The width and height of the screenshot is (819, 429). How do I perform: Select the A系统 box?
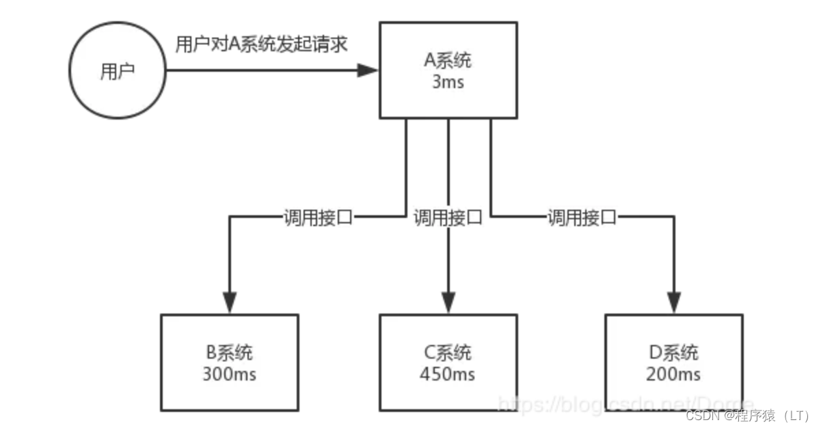pyautogui.click(x=448, y=70)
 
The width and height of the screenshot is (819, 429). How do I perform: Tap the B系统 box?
pyautogui.click(x=230, y=362)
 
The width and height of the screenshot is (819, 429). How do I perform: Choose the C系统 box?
pyautogui.click(x=448, y=362)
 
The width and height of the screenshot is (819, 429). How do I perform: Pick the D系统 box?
pyautogui.click(x=673, y=362)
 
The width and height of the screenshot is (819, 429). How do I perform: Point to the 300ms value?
pyautogui.click(x=230, y=374)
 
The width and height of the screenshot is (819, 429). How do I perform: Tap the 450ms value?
pyautogui.click(x=448, y=374)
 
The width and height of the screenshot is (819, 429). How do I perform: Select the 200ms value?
pyautogui.click(x=673, y=374)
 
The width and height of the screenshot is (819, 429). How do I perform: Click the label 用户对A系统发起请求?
pyautogui.click(x=263, y=45)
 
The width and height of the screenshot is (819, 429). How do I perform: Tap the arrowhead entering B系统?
pyautogui.click(x=230, y=302)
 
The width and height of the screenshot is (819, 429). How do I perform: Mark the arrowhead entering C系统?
pyautogui.click(x=448, y=302)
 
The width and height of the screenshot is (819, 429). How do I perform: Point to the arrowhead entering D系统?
pyautogui.click(x=673, y=302)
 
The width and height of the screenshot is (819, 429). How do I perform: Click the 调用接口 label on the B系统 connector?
pyautogui.click(x=318, y=218)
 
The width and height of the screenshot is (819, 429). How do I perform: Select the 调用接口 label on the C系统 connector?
pyautogui.click(x=448, y=218)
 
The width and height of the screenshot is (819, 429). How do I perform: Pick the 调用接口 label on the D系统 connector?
pyautogui.click(x=582, y=218)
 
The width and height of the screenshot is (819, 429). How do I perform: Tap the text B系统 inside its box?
pyautogui.click(x=230, y=352)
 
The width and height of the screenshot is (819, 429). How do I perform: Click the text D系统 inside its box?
pyautogui.click(x=673, y=352)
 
